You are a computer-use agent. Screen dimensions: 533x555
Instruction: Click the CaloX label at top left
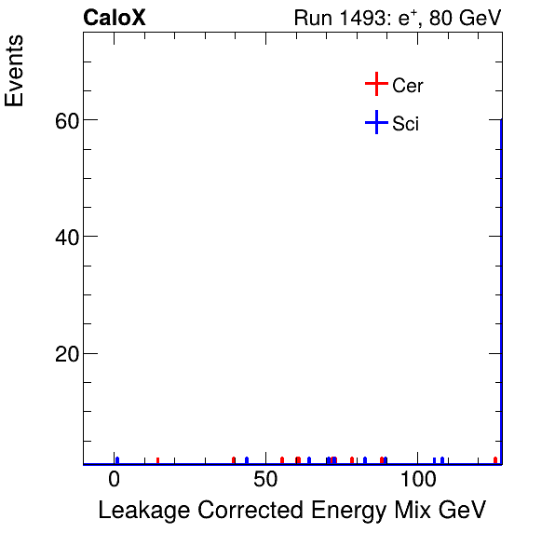tap(115, 18)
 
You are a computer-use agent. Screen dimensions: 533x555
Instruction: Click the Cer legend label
tap(408, 86)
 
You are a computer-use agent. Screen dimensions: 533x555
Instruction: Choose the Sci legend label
tap(406, 123)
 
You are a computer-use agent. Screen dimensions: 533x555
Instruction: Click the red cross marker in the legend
tap(375, 85)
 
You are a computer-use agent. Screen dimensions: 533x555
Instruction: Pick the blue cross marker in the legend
tap(375, 122)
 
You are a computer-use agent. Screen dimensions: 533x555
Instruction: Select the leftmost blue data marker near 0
tap(116, 459)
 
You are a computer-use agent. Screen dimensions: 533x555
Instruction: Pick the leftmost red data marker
tap(158, 459)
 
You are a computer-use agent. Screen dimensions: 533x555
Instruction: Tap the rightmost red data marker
tap(495, 459)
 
